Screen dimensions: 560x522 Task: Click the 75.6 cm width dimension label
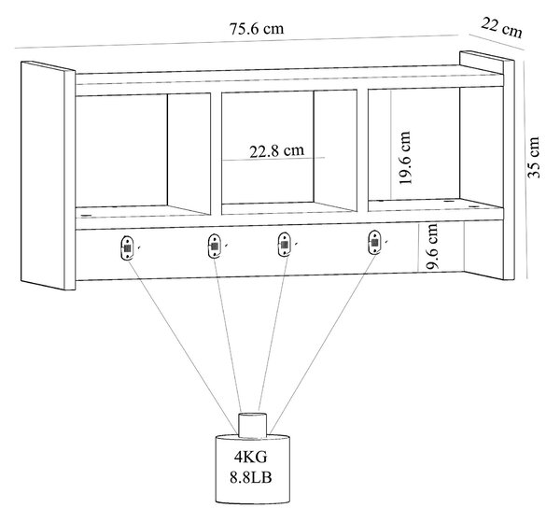[x=257, y=29]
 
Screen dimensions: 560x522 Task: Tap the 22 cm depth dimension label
[x=501, y=27]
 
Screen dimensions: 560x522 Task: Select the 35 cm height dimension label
[x=534, y=157]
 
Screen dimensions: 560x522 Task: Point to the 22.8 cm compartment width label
[x=277, y=150]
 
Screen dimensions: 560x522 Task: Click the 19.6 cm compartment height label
[x=405, y=158]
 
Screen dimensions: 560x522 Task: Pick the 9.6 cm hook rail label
[x=432, y=247]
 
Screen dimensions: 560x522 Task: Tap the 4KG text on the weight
[x=251, y=457]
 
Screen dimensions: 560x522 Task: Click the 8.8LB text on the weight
[x=251, y=477]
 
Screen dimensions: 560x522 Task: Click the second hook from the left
[x=214, y=245]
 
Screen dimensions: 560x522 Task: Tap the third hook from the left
[x=284, y=245]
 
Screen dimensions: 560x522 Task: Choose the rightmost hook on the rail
[x=374, y=242]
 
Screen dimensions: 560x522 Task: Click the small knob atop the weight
[x=253, y=425]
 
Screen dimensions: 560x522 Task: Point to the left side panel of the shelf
[x=49, y=176]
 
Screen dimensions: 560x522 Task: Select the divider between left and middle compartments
[x=217, y=154]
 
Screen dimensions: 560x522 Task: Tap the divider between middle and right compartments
[x=362, y=150]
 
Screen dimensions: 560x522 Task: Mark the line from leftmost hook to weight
[x=182, y=346]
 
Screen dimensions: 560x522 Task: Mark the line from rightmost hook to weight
[x=323, y=343]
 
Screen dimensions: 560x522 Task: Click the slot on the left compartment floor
[x=86, y=216]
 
